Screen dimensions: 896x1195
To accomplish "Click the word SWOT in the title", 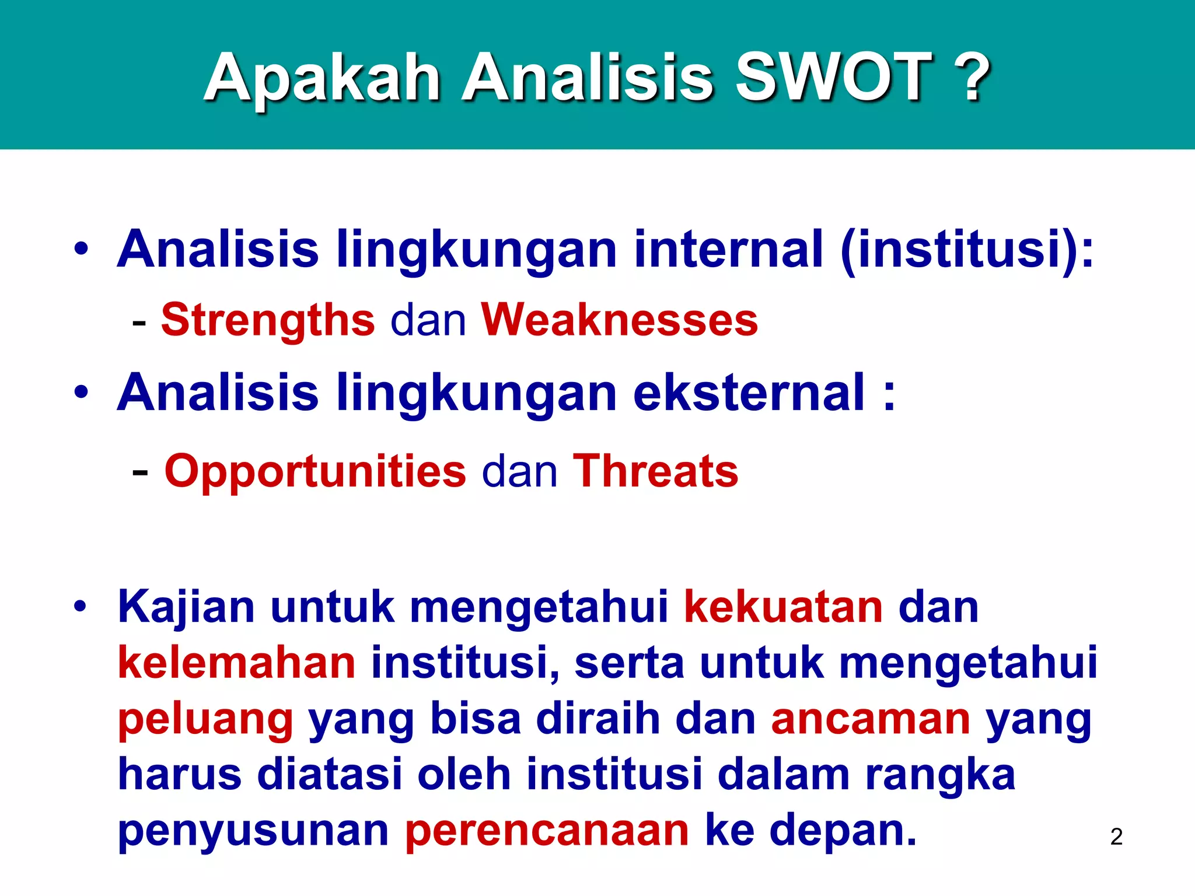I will [833, 78].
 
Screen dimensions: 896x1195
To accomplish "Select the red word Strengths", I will [268, 320].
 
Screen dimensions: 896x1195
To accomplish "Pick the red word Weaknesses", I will [619, 320].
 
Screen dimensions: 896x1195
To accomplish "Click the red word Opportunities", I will [315, 471].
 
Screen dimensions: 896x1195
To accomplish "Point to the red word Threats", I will [655, 471].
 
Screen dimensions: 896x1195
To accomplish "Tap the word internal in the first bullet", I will [729, 250].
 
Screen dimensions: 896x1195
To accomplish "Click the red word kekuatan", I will [783, 607].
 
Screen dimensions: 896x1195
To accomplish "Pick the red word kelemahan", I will [236, 663].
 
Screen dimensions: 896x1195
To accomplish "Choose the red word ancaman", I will [871, 719].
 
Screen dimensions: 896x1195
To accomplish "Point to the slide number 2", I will [1116, 836].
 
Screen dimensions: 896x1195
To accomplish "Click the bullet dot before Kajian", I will [81, 607].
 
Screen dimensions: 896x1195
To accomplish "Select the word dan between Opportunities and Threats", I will [519, 471].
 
